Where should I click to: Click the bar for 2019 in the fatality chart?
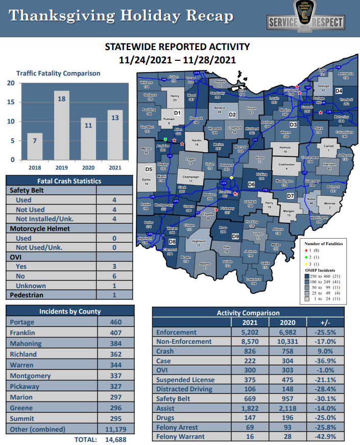click(60, 125)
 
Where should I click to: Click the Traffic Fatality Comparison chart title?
click(58, 73)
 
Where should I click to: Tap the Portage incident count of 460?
click(116, 322)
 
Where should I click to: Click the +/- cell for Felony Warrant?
click(328, 437)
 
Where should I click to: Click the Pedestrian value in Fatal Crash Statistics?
click(114, 295)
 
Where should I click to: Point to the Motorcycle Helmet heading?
click(39, 228)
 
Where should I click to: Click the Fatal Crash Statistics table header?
click(69, 181)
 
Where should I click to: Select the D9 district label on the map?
click(235, 237)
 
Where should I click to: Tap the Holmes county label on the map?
click(285, 149)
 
